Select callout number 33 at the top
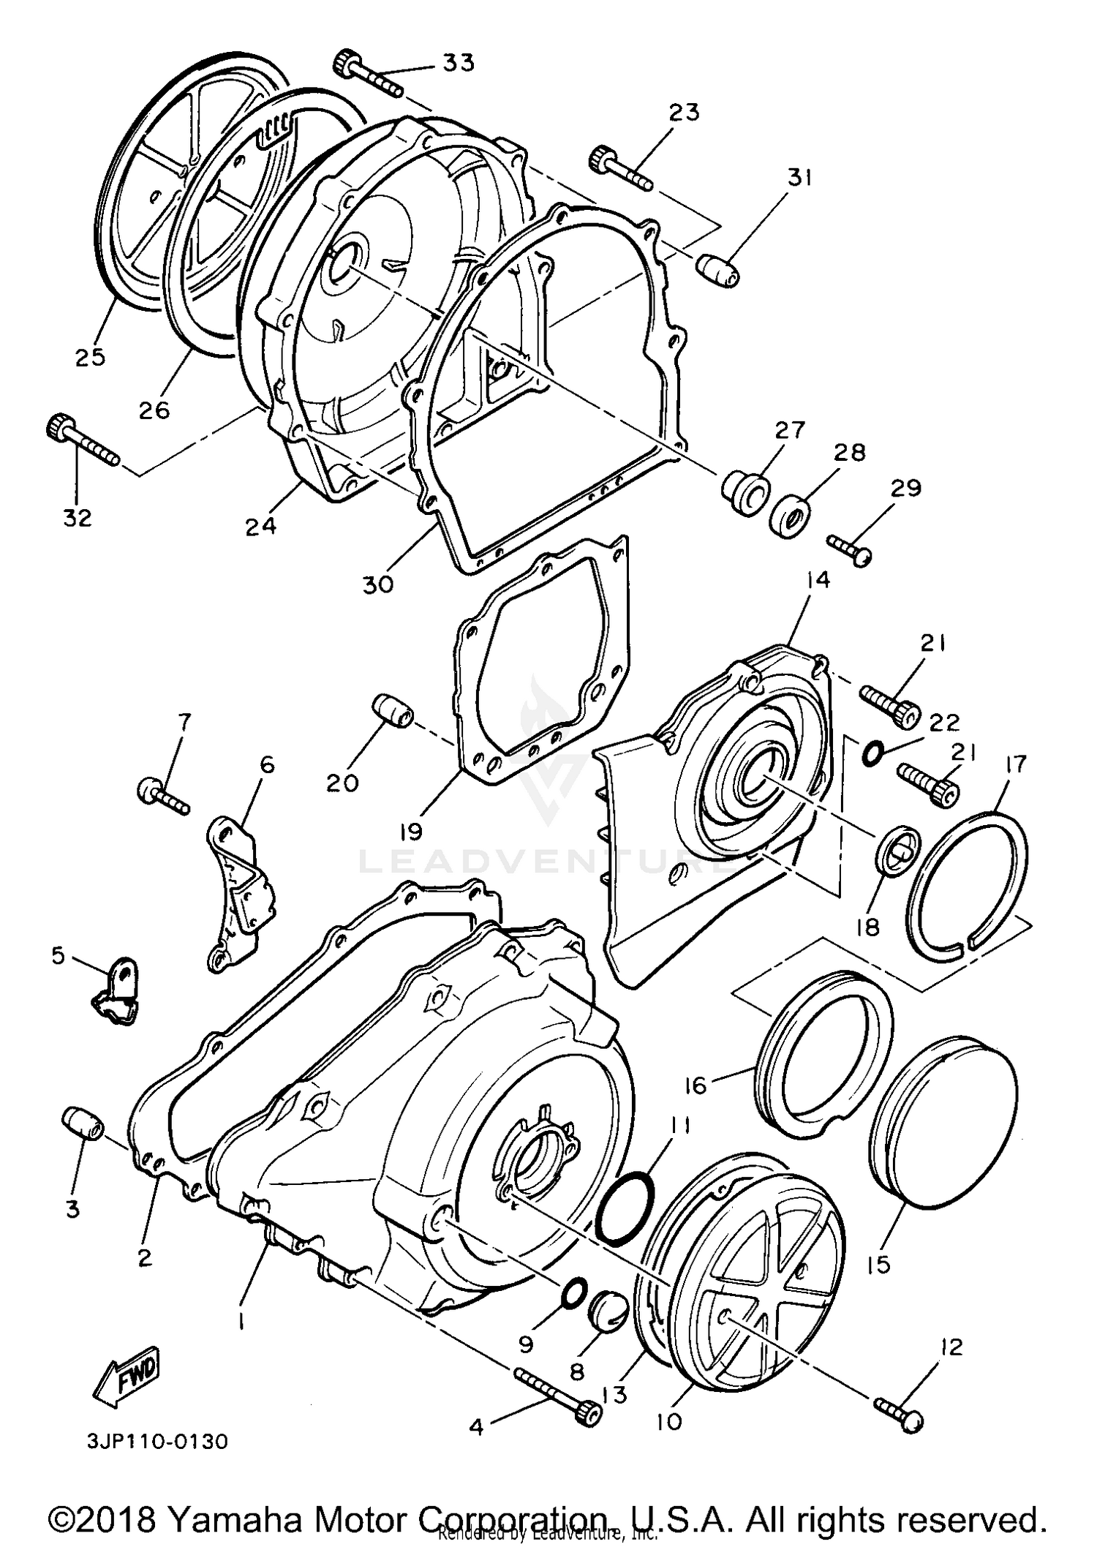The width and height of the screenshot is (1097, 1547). pyautogui.click(x=459, y=63)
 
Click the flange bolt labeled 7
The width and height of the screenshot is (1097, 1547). pyautogui.click(x=162, y=796)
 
